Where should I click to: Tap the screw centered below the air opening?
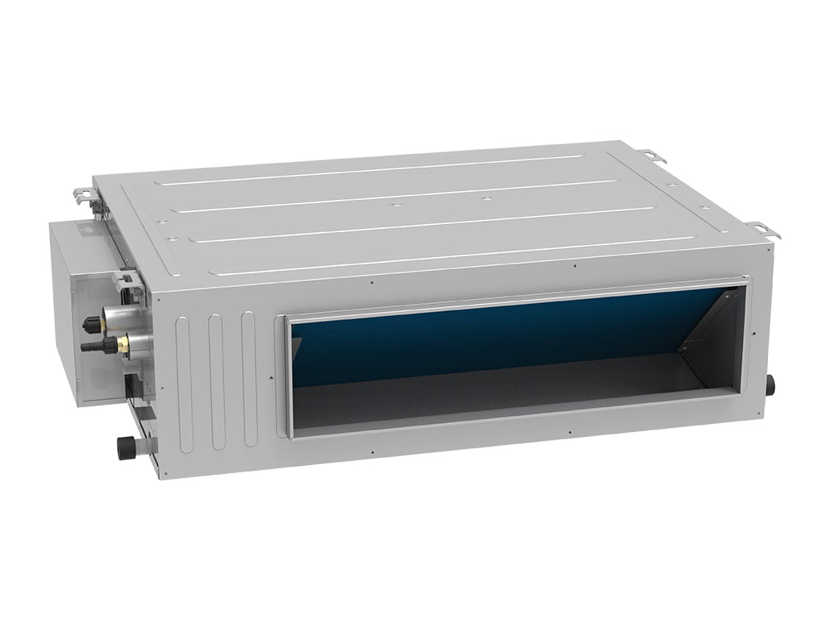[x=569, y=434]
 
